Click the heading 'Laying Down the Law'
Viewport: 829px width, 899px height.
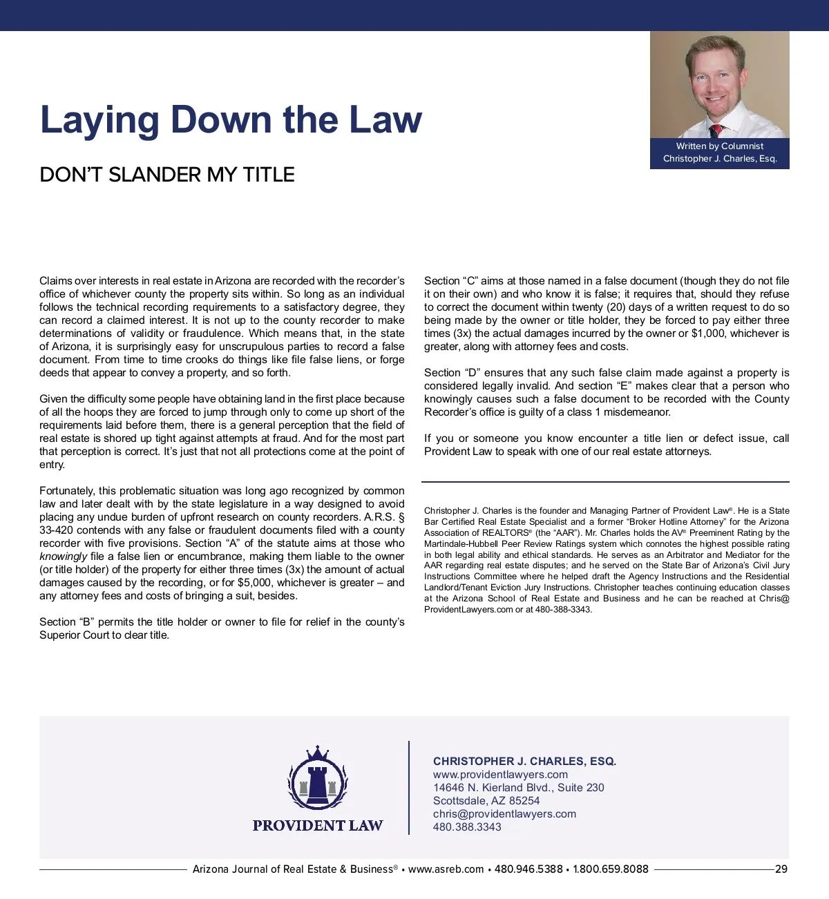[231, 119]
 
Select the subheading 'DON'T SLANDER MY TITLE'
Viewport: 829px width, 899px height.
[167, 175]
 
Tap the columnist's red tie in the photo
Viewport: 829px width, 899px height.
[717, 130]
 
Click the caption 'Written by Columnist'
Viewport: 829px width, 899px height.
[720, 146]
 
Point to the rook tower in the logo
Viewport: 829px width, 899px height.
[317, 784]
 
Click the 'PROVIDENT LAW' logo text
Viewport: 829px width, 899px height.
[317, 826]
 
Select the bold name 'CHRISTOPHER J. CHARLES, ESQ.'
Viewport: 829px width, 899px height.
[524, 761]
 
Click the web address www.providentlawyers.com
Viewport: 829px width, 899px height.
[500, 775]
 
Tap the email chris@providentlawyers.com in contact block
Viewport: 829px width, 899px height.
[504, 814]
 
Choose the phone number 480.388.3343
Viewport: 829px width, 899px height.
[467, 827]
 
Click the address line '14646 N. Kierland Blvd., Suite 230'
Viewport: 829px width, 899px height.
[518, 788]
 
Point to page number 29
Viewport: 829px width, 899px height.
[781, 869]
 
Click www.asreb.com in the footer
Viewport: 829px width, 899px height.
[446, 869]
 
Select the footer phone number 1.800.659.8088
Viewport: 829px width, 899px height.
[611, 869]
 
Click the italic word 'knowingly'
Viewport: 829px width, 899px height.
[64, 557]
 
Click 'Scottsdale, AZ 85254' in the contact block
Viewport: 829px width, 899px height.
[486, 801]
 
